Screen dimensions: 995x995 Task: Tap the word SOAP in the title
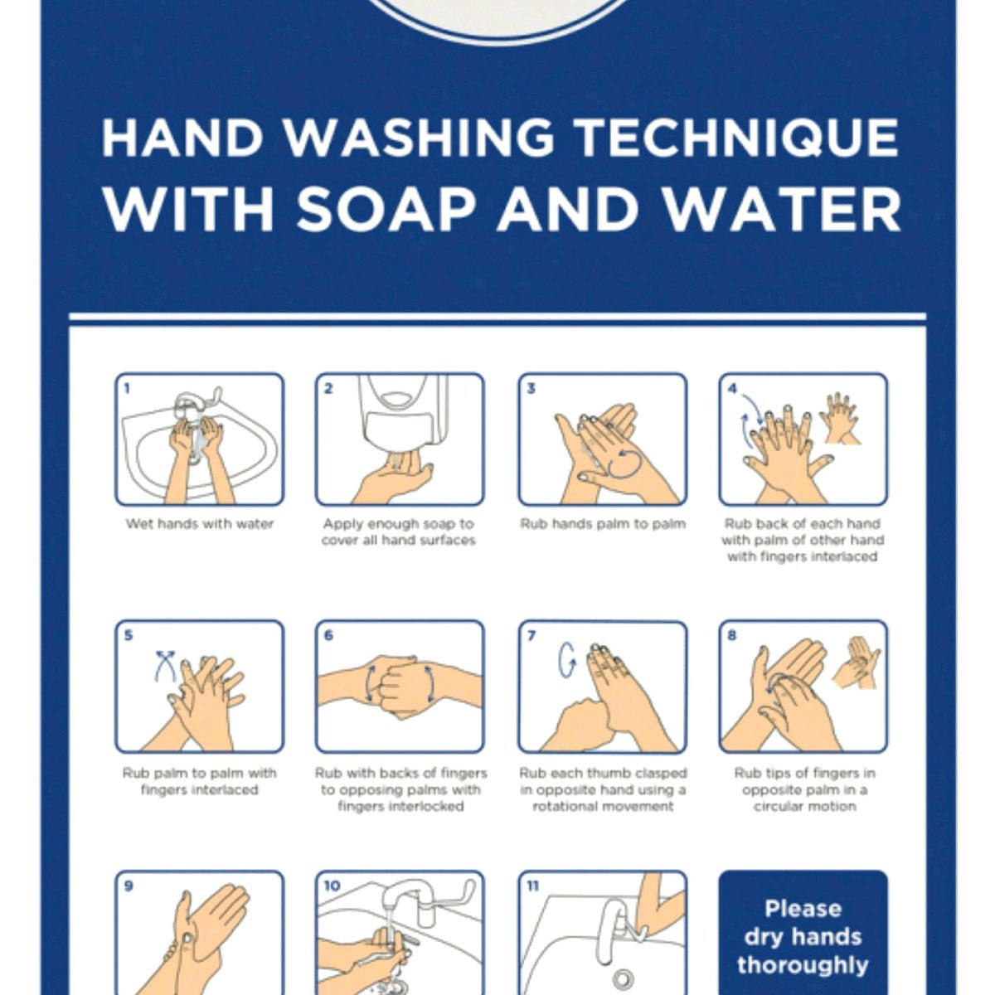coord(386,211)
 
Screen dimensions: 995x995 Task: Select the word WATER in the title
coord(781,211)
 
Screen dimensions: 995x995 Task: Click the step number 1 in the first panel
coord(127,388)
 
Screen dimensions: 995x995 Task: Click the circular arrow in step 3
coord(626,463)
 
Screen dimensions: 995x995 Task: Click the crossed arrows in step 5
coord(165,666)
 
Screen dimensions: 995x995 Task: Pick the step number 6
coord(328,635)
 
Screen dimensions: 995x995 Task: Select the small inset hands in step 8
coord(856,663)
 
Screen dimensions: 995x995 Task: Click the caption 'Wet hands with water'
coord(199,523)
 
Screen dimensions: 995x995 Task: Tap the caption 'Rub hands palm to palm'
coord(603,524)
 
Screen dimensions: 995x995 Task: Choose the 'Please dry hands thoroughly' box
coord(803,933)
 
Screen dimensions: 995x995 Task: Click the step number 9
coord(129,886)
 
